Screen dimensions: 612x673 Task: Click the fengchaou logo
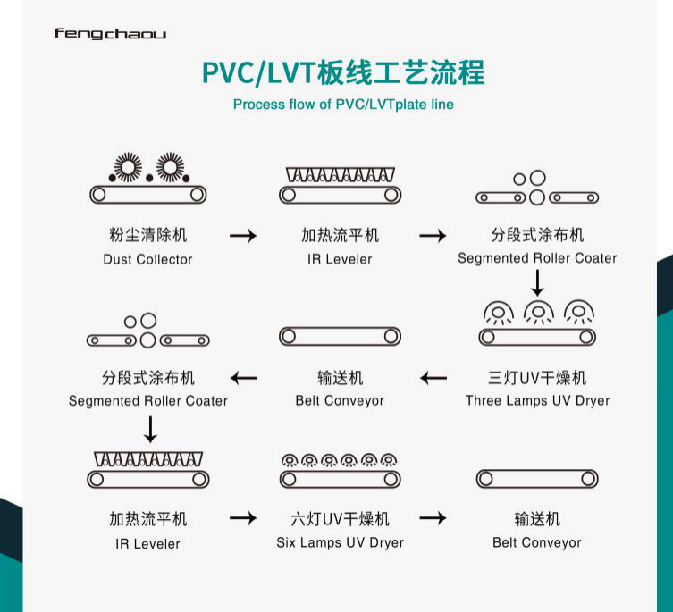click(x=110, y=34)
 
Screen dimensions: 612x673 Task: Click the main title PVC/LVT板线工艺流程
click(x=343, y=71)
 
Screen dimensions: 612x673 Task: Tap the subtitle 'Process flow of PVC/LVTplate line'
click(x=343, y=105)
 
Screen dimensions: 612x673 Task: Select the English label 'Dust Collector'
click(x=147, y=259)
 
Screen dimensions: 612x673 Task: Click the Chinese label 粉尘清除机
click(x=147, y=236)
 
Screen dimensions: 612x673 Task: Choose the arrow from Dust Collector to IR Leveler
click(x=243, y=236)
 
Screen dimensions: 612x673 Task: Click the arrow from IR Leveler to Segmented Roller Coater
click(x=433, y=236)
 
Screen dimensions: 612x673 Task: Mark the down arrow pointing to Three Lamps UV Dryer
click(x=537, y=282)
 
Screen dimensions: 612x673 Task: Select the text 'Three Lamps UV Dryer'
click(x=537, y=400)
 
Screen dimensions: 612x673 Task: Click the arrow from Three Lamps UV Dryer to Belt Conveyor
click(x=433, y=378)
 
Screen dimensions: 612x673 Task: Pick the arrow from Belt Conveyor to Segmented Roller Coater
click(x=243, y=378)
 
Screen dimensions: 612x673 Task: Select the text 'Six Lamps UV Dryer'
click(x=340, y=542)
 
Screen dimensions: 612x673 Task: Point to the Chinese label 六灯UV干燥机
click(x=340, y=519)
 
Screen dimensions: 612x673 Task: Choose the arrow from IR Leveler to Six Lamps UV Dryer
click(x=243, y=518)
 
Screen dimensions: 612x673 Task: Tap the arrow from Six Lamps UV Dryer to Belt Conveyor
click(x=433, y=518)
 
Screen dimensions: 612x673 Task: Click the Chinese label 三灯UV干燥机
click(x=537, y=378)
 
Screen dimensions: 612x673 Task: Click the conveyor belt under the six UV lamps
click(x=340, y=480)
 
